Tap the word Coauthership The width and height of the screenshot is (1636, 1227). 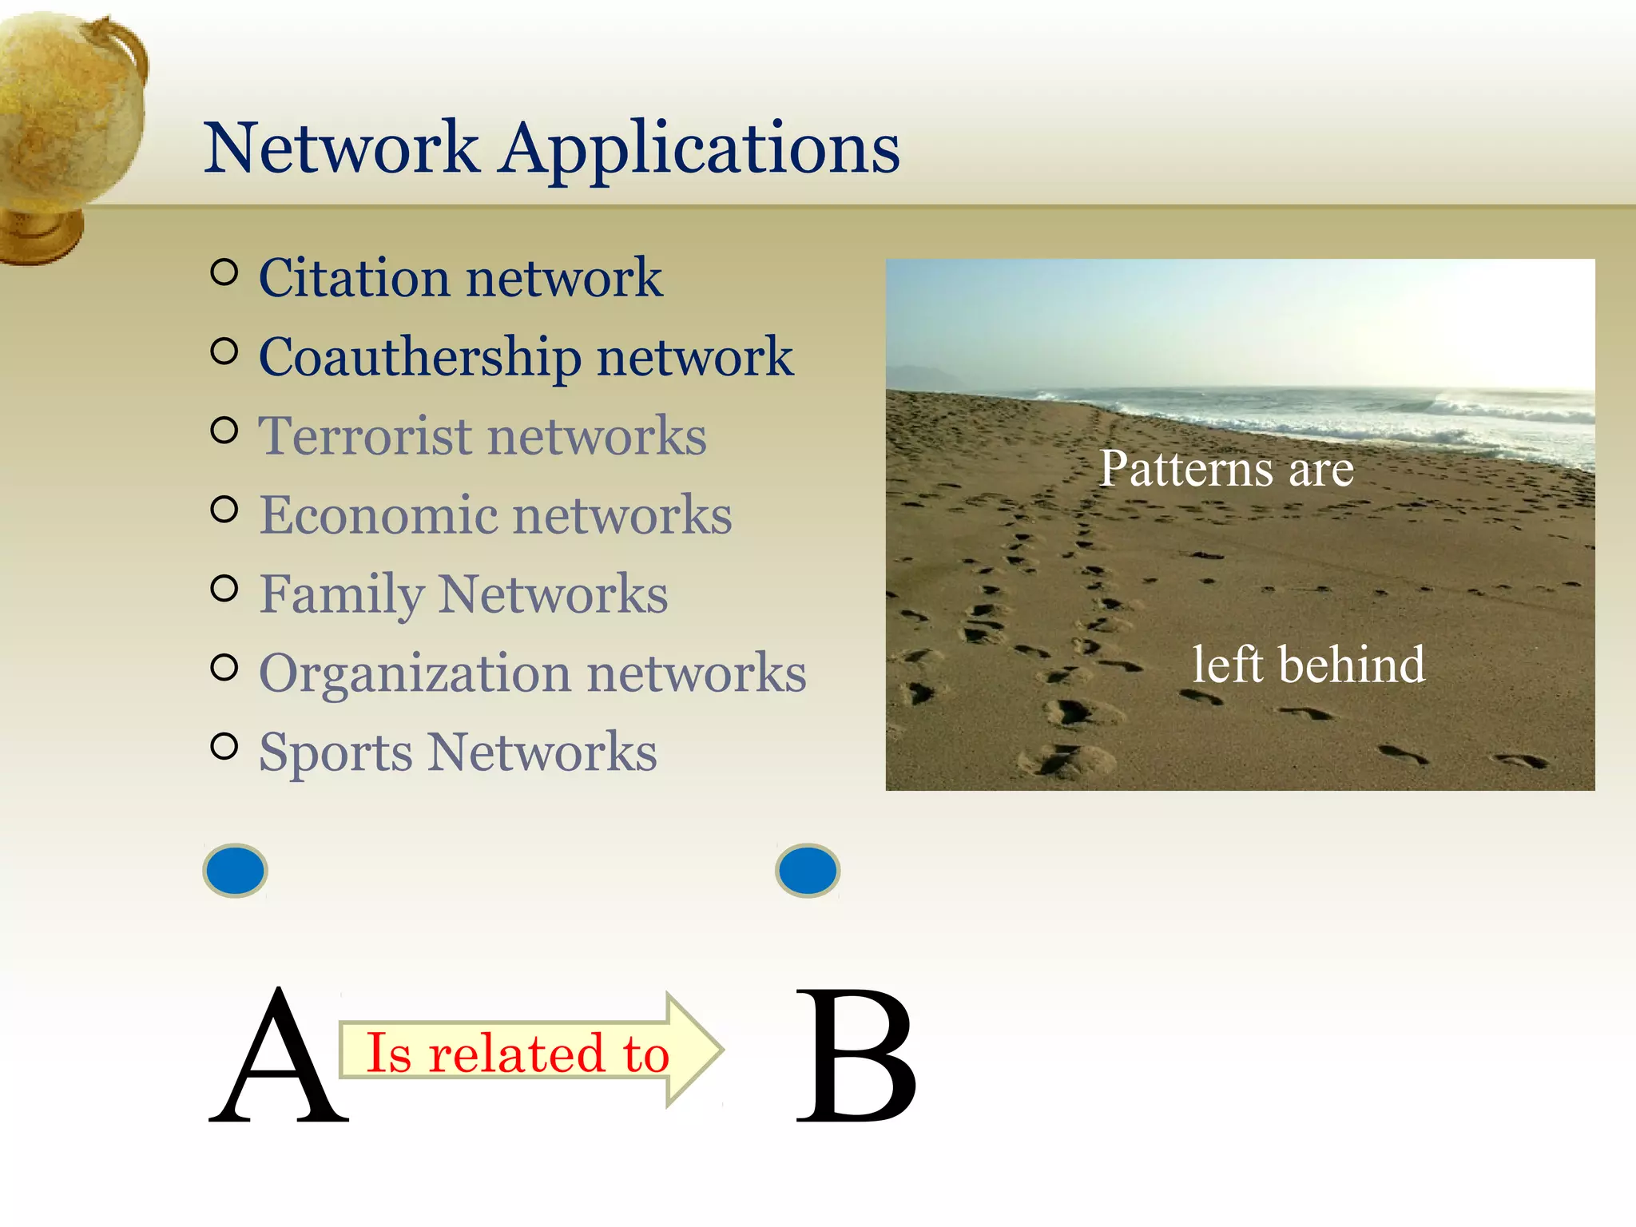point(420,357)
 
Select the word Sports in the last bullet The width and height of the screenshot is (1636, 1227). point(336,752)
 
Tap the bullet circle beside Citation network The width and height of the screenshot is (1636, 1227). point(224,273)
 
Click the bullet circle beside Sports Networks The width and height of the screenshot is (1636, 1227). point(224,746)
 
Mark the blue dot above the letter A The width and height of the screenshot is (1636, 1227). point(235,870)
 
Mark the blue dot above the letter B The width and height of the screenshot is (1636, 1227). point(808,870)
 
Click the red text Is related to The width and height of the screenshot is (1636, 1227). point(516,1053)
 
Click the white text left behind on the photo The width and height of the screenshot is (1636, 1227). point(1308,665)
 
